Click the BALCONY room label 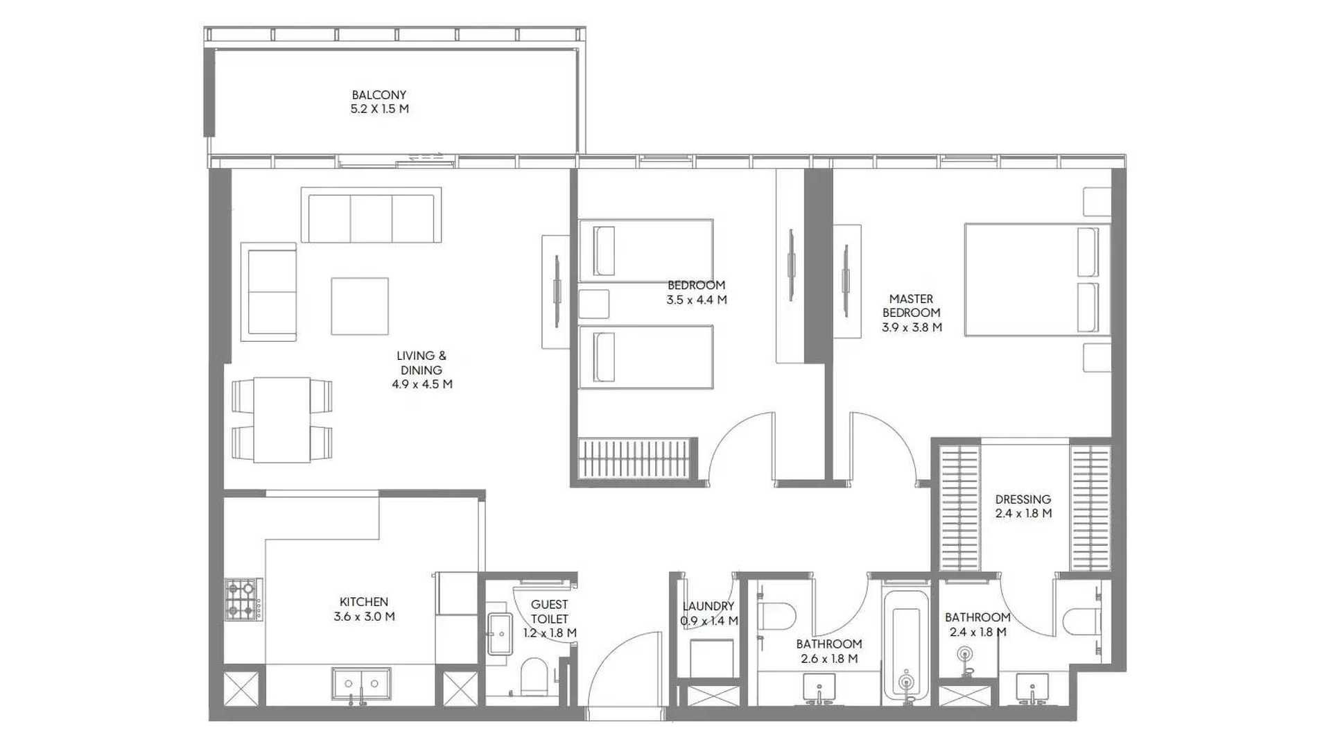pyautogui.click(x=379, y=95)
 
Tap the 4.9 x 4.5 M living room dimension pyautogui.click(x=421, y=384)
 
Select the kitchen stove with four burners pyautogui.click(x=243, y=600)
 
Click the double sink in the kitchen pyautogui.click(x=360, y=684)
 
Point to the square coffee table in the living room pyautogui.click(x=360, y=306)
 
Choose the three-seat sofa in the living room pyautogui.click(x=372, y=215)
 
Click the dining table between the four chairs pyautogui.click(x=281, y=420)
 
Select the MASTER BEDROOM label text pyautogui.click(x=912, y=306)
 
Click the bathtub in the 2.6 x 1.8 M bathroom pyautogui.click(x=906, y=645)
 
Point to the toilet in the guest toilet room pyautogui.click(x=533, y=677)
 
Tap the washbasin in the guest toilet pyautogui.click(x=499, y=633)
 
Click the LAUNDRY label pyautogui.click(x=708, y=606)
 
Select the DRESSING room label pyautogui.click(x=1023, y=499)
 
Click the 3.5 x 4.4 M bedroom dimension pyautogui.click(x=697, y=300)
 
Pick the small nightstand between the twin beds pyautogui.click(x=593, y=304)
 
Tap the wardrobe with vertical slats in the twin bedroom pyautogui.click(x=636, y=458)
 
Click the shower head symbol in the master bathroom pyautogui.click(x=965, y=653)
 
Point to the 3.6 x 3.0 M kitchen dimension pyautogui.click(x=364, y=617)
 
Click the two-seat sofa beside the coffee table pyautogui.click(x=268, y=292)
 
